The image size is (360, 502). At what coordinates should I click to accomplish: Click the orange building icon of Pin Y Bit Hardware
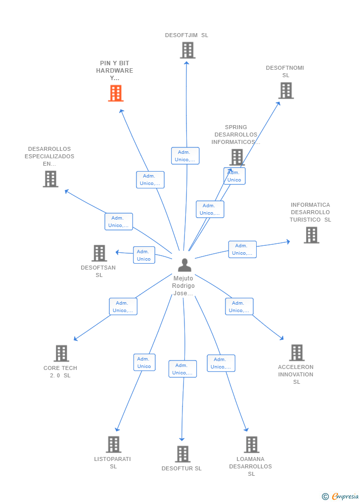pyautogui.click(x=116, y=93)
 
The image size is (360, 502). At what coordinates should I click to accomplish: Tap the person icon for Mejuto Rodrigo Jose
pyautogui.click(x=184, y=265)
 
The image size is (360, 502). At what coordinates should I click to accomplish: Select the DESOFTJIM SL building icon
pyautogui.click(x=187, y=50)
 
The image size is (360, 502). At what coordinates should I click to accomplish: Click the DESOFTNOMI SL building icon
pyautogui.click(x=286, y=91)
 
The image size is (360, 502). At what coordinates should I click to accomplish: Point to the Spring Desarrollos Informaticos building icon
pyautogui.click(x=237, y=157)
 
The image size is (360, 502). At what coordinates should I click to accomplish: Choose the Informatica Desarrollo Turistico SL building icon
pyautogui.click(x=311, y=235)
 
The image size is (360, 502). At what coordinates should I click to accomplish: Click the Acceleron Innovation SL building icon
pyautogui.click(x=296, y=353)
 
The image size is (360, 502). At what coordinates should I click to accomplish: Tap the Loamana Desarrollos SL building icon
pyautogui.click(x=251, y=444)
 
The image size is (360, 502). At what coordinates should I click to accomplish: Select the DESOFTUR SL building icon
pyautogui.click(x=182, y=454)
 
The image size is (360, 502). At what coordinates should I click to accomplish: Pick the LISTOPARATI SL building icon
pyautogui.click(x=113, y=444)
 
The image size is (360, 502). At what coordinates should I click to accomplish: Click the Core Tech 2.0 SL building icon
pyautogui.click(x=61, y=353)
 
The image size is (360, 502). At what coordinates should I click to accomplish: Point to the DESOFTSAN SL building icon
pyautogui.click(x=99, y=253)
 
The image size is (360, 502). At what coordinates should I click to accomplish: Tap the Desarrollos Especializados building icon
pyautogui.click(x=50, y=179)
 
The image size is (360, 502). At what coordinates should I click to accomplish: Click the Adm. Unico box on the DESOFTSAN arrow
pyautogui.click(x=144, y=255)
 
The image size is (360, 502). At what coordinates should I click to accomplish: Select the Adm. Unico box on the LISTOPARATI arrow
pyautogui.click(x=144, y=363)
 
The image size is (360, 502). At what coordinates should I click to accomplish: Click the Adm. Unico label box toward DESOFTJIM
pyautogui.click(x=185, y=156)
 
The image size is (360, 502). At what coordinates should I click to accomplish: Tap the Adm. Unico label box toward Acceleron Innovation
pyautogui.click(x=239, y=307)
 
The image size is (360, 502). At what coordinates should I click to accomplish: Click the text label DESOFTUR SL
pyautogui.click(x=181, y=468)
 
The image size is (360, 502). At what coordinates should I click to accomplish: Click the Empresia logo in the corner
pyautogui.click(x=341, y=496)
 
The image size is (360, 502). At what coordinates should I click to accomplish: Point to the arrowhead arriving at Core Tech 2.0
pyautogui.click(x=75, y=339)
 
